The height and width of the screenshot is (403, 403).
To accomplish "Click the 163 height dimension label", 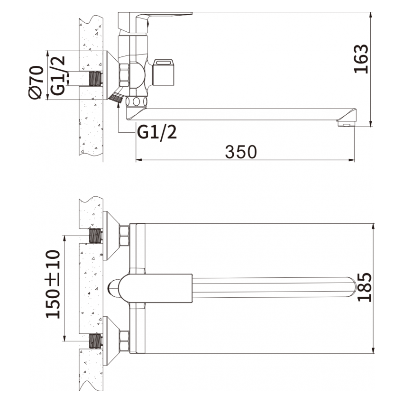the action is [361, 59].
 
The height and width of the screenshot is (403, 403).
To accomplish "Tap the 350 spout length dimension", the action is [241, 152].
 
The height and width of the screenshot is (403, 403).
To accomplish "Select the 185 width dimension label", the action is [365, 287].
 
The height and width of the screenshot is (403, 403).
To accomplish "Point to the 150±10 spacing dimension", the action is [53, 284].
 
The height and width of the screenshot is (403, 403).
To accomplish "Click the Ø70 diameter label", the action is [36, 82].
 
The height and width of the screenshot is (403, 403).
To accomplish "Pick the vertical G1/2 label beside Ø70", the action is [57, 75].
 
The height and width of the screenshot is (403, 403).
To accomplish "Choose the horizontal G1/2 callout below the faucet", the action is [157, 132].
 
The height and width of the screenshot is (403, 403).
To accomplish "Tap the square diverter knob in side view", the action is [163, 72].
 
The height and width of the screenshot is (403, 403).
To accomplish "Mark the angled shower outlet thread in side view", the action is [116, 99].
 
